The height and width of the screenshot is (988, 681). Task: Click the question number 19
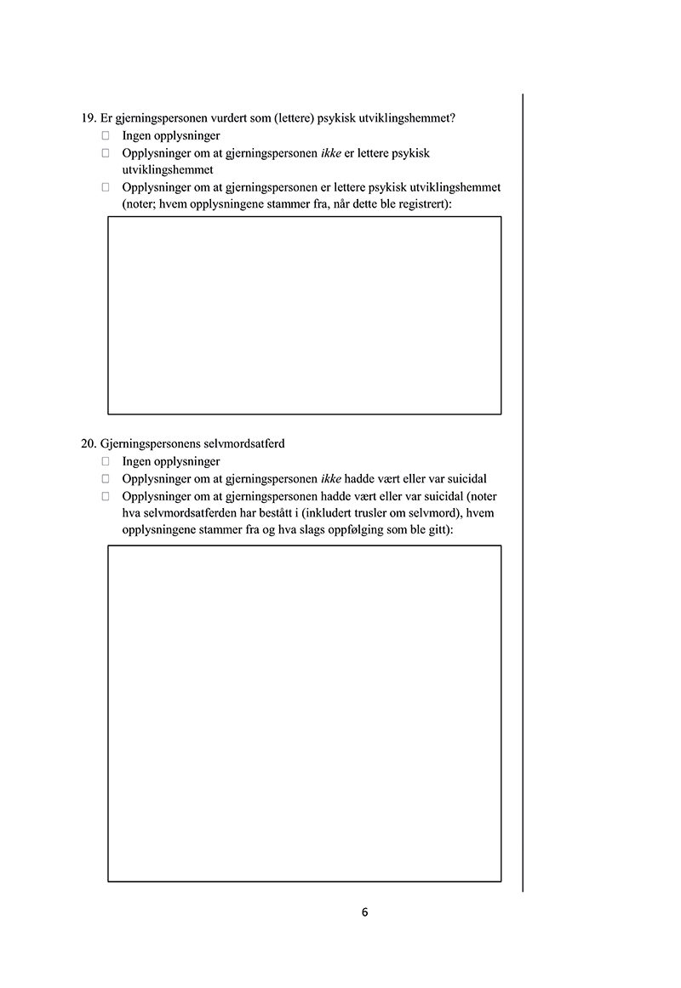tap(88, 118)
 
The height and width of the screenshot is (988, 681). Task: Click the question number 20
tap(88, 444)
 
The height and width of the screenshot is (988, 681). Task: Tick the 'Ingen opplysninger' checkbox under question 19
tap(106, 135)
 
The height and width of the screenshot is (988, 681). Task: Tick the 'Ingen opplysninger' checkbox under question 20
tap(106, 461)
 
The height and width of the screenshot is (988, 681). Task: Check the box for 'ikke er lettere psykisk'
tap(106, 153)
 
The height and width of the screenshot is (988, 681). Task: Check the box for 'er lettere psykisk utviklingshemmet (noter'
tap(106, 187)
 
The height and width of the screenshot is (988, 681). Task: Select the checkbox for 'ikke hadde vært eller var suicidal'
tap(106, 478)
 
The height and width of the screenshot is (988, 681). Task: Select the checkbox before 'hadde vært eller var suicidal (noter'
tap(106, 495)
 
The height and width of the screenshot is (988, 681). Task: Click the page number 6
tap(364, 912)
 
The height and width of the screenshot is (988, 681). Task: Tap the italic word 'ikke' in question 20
tap(331, 478)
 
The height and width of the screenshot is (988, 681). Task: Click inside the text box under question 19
tap(304, 315)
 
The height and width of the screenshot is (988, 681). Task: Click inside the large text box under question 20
tap(304, 713)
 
